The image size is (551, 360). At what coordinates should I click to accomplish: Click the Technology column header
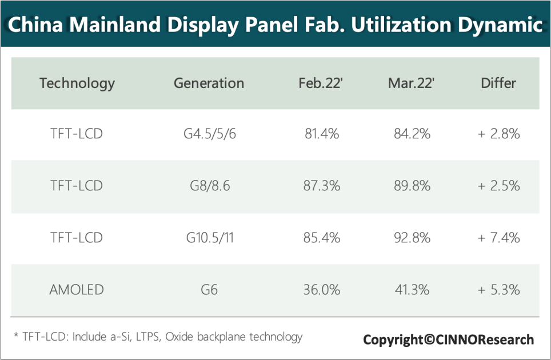pos(77,83)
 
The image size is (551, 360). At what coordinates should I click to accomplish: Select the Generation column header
pos(209,83)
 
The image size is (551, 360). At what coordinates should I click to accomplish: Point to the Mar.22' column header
pos(411,83)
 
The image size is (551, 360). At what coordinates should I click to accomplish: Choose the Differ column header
pos(498,83)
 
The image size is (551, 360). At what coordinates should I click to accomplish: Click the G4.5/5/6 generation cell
pos(209,134)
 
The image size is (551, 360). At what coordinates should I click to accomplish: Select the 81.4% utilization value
pos(322,134)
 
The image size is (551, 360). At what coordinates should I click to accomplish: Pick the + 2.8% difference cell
pos(498,134)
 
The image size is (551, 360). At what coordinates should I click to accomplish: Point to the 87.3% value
pos(322,186)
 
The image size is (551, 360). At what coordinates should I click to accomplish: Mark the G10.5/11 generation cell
pos(209,237)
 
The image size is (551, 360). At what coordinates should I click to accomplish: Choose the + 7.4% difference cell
pos(498,237)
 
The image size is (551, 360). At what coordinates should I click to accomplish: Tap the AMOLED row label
pos(77,290)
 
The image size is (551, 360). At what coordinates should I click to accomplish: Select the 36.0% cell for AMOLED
pos(322,290)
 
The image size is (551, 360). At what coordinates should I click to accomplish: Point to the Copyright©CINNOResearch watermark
pos(448,340)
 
